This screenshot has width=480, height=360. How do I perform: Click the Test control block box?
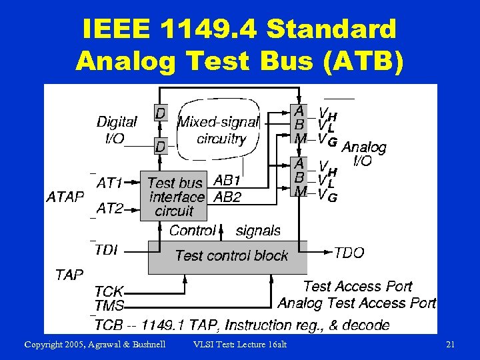coord(230,256)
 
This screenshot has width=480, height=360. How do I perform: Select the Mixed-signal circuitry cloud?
coord(219,131)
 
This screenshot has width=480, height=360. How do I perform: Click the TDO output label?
coord(349,253)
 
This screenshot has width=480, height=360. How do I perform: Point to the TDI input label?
coord(107,250)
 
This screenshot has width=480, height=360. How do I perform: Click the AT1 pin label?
coord(109,182)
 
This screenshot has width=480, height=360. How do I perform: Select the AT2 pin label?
coord(109,209)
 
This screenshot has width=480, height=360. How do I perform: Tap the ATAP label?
coord(65,197)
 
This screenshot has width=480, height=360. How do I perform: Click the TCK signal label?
coord(109,292)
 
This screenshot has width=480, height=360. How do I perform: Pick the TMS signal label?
coord(109,305)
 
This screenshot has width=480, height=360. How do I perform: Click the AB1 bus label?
coord(227,181)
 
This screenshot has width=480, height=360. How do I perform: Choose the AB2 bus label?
coord(227,197)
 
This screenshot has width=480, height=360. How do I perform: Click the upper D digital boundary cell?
coord(161,113)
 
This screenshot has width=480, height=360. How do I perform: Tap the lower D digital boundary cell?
coord(161,145)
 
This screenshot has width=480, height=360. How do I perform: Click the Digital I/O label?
coord(117,130)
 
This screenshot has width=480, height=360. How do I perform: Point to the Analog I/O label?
coord(363,153)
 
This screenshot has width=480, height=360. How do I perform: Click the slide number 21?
coord(450,344)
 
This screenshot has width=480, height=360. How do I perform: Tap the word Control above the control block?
coord(193,231)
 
